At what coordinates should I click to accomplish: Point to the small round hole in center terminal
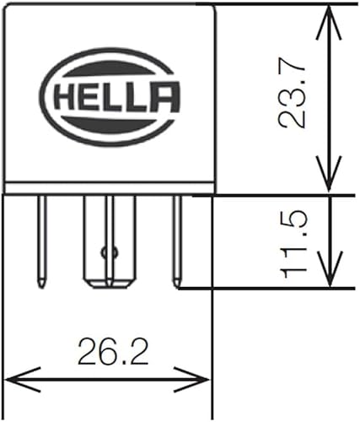click(x=105, y=251)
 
